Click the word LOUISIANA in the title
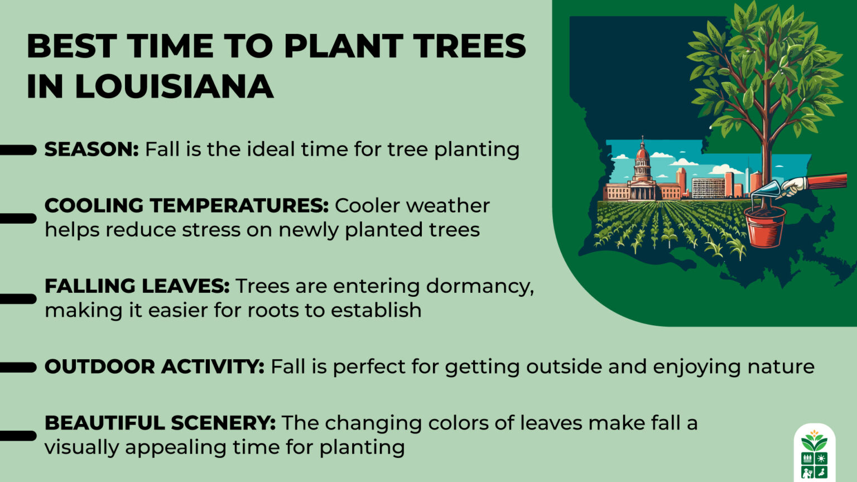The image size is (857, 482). click(x=174, y=87)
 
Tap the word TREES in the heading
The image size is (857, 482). click(x=469, y=46)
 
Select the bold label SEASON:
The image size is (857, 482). click(x=92, y=150)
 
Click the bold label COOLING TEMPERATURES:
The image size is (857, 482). click(x=186, y=206)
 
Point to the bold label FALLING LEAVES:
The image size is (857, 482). click(x=137, y=286)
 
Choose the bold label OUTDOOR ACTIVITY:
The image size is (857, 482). click(x=154, y=367)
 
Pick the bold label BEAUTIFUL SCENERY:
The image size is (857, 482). click(x=160, y=423)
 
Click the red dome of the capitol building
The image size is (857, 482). click(x=642, y=152)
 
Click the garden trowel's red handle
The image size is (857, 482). click(x=827, y=180)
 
